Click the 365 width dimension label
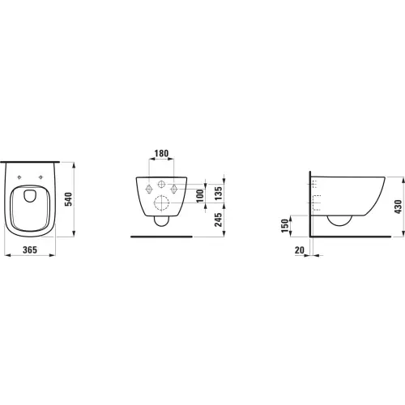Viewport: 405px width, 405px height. pos(30,249)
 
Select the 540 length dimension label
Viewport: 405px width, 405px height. pos(69,199)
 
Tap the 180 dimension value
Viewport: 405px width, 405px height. pos(161,153)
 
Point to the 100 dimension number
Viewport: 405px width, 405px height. pos(200,196)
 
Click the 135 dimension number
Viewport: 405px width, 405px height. pos(218,193)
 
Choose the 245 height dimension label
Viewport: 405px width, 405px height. pos(218,220)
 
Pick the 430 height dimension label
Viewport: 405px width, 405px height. pos(398,207)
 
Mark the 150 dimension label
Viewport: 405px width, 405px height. pos(285,226)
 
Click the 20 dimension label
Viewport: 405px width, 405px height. pos(300,250)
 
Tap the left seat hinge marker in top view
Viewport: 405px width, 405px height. pos(19,177)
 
